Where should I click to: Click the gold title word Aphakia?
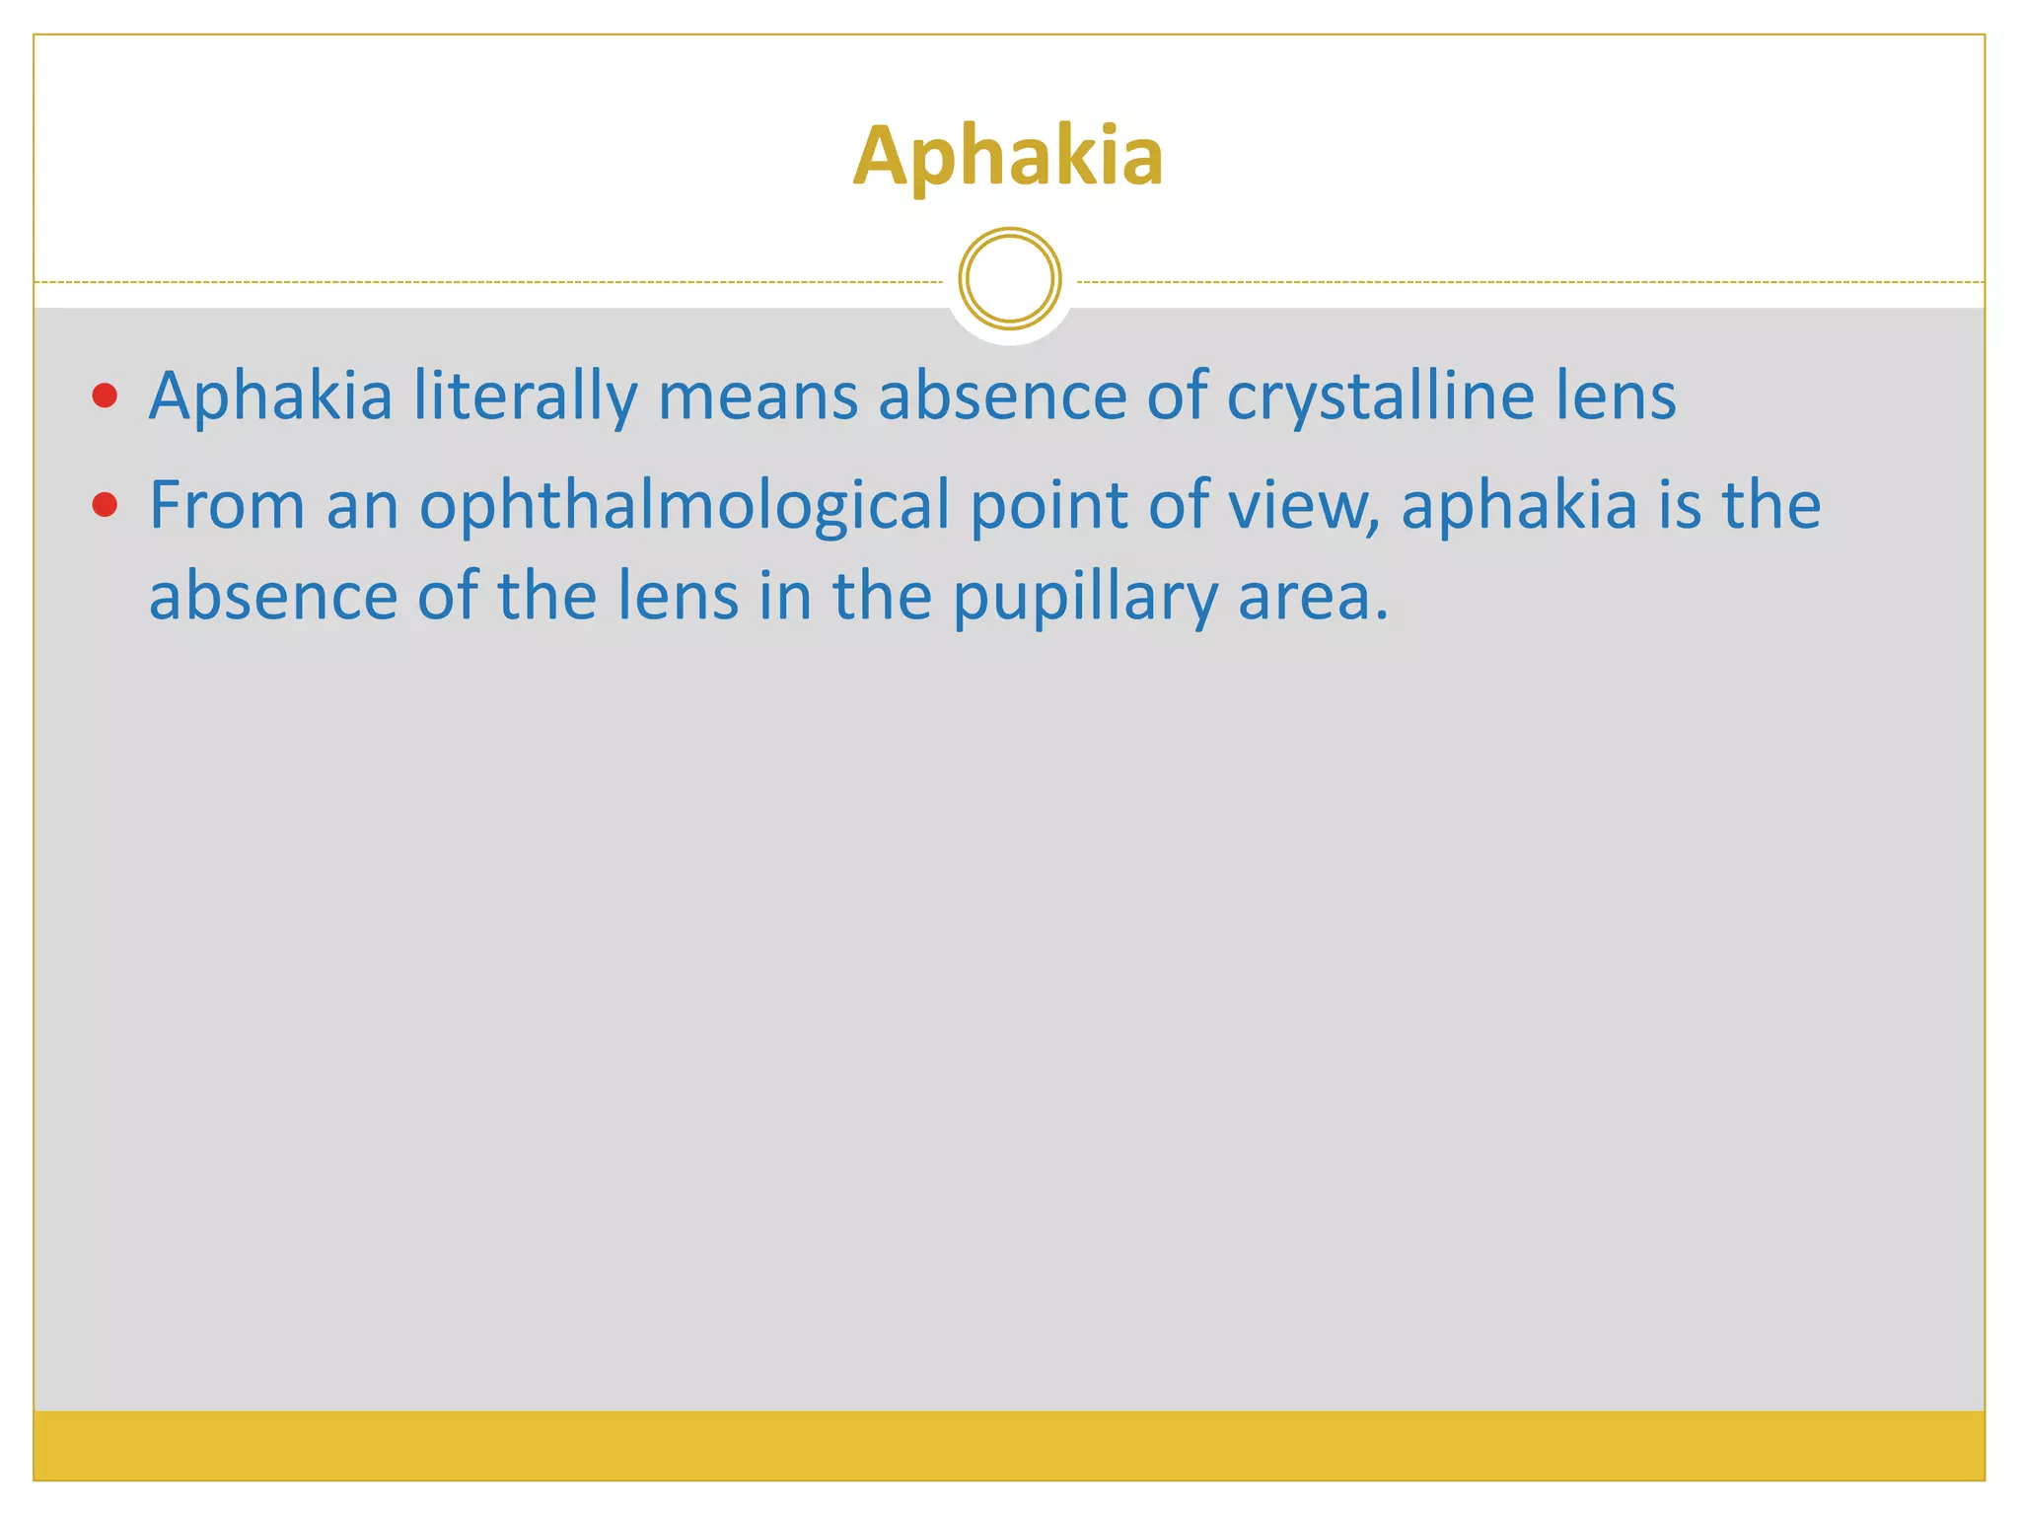[x=1008, y=156]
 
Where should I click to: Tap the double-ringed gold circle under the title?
[x=1010, y=279]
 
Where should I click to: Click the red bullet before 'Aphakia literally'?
[x=105, y=397]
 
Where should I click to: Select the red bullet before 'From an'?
[x=105, y=506]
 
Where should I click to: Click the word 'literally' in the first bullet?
[x=525, y=397]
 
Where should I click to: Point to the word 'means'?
[x=757, y=397]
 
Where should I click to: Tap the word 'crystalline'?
[x=1380, y=397]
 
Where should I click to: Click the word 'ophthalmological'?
[x=685, y=506]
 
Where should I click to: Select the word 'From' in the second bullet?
[x=227, y=506]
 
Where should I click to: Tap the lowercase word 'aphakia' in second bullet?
[x=1518, y=506]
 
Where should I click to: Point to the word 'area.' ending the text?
[x=1313, y=598]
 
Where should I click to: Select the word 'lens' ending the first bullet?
[x=1616, y=397]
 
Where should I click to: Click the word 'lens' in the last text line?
[x=678, y=598]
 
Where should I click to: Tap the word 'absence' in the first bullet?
[x=1002, y=397]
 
